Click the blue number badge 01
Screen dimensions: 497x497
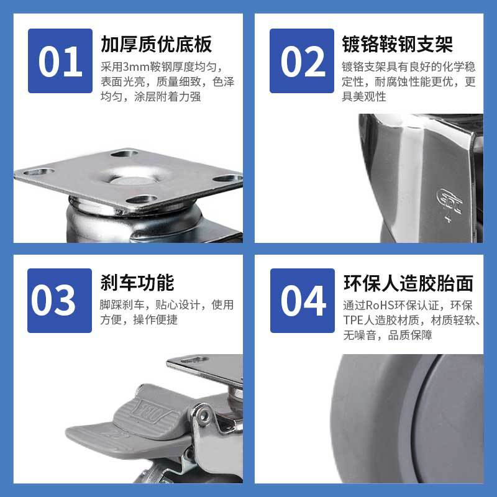60,61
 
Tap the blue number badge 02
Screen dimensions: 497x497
302,61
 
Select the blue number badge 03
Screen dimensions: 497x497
60,301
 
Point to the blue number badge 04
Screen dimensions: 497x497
303,301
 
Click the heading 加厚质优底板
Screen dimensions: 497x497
157,44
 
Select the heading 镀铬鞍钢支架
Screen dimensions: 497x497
397,44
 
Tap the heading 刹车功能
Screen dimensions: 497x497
137,283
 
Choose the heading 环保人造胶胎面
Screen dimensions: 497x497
408,283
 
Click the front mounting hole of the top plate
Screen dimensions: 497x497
142,200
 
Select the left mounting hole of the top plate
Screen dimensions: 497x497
39,172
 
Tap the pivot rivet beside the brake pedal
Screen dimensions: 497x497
204,415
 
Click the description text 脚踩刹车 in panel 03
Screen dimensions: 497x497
122,305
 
